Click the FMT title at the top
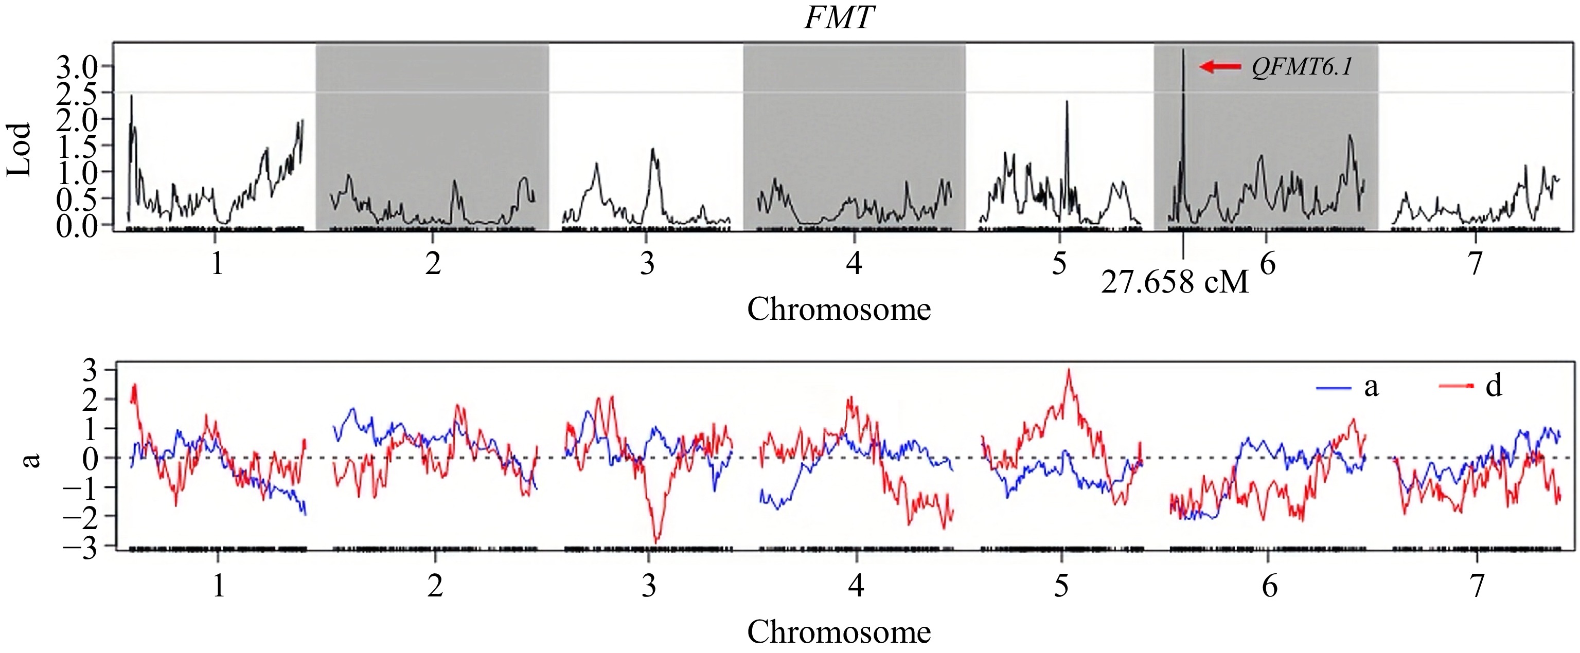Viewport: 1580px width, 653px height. tap(839, 18)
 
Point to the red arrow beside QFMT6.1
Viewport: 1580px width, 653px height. tap(1220, 66)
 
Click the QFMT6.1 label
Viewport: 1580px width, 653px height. tap(1302, 67)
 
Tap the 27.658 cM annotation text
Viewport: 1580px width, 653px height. tap(1175, 282)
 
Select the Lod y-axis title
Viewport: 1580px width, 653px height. tap(19, 150)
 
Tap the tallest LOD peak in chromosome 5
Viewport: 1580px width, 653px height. tap(1067, 102)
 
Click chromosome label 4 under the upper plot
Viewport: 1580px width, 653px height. tap(854, 263)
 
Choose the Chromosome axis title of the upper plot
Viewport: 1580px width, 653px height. tap(839, 309)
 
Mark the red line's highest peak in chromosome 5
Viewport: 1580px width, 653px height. tap(1069, 370)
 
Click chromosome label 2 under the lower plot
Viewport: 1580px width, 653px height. tap(435, 586)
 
